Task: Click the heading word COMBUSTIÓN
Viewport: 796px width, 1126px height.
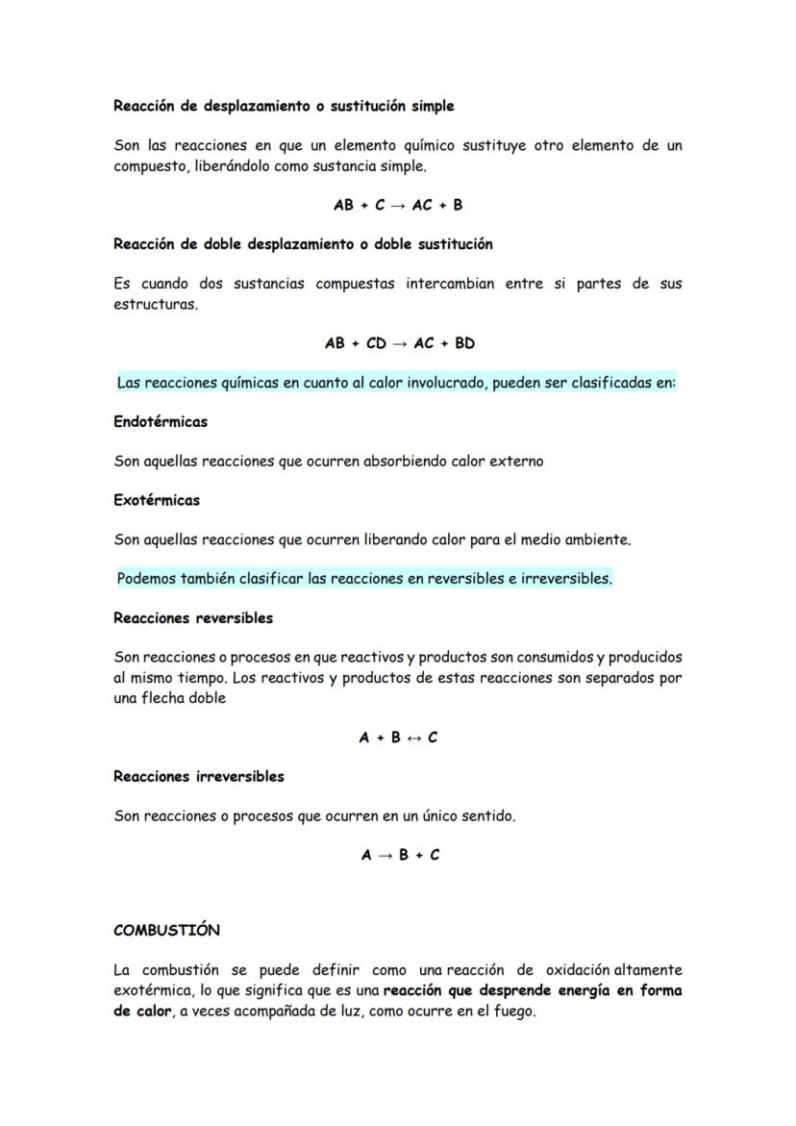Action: click(x=166, y=930)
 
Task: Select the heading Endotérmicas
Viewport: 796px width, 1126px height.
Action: click(x=161, y=421)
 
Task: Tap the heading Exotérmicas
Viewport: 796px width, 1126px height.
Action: click(x=157, y=500)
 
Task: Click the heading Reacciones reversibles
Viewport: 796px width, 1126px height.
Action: click(x=193, y=617)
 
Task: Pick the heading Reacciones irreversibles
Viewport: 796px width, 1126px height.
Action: click(x=199, y=776)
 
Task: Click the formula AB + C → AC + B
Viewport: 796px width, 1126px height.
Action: click(x=398, y=205)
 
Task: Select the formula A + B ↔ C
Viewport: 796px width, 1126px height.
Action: click(x=398, y=738)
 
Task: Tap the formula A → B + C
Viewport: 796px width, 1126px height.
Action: click(x=401, y=855)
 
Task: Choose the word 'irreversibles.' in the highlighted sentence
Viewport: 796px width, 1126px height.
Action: click(x=565, y=579)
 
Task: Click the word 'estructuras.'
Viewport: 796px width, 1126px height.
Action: click(x=156, y=305)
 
